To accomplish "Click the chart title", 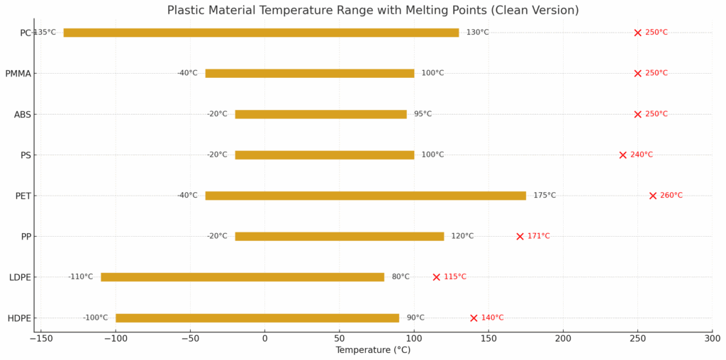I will point(373,11).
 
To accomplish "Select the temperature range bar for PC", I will point(261,33).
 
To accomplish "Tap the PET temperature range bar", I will point(365,196).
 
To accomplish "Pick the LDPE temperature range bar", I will point(242,277).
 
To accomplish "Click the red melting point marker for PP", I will point(520,236).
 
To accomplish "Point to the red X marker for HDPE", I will point(474,318).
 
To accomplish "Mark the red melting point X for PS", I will point(623,155).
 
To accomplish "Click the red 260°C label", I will point(671,196).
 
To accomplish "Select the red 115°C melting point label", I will point(455,277).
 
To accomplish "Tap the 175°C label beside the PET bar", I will point(544,196).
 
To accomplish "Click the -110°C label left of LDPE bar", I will point(80,277).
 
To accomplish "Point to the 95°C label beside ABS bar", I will point(423,114).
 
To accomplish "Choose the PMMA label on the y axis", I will point(18,74).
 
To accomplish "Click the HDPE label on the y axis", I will point(19,318).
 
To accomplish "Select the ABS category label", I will point(22,114).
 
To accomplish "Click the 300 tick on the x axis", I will point(712,338).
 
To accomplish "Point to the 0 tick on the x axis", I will point(264,338).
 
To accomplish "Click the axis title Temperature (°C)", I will point(373,350).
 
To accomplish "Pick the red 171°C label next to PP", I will point(538,236).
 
